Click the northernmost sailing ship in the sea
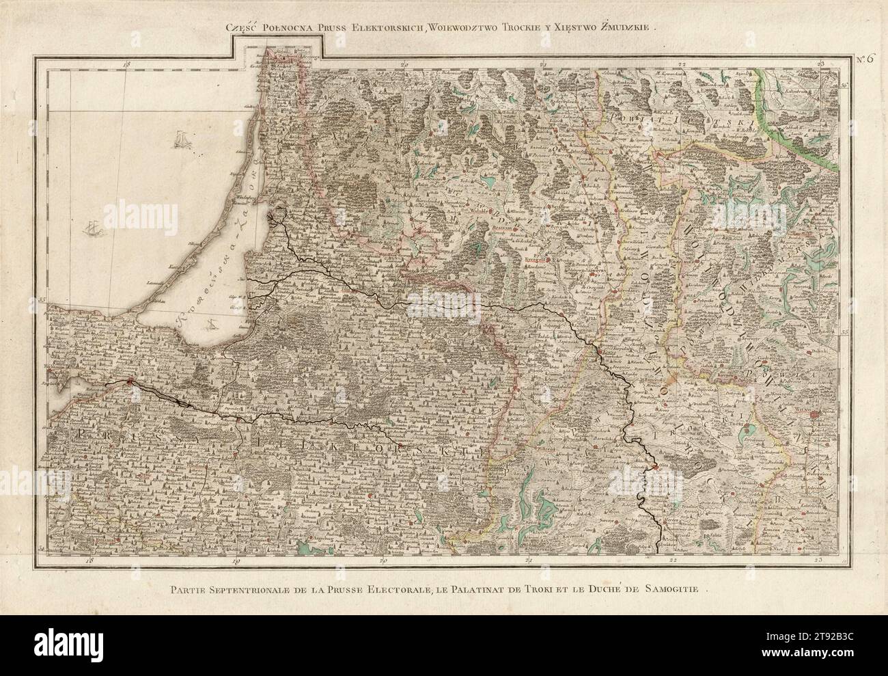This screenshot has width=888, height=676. tap(182, 141)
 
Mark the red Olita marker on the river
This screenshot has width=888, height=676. tap(655, 466)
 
